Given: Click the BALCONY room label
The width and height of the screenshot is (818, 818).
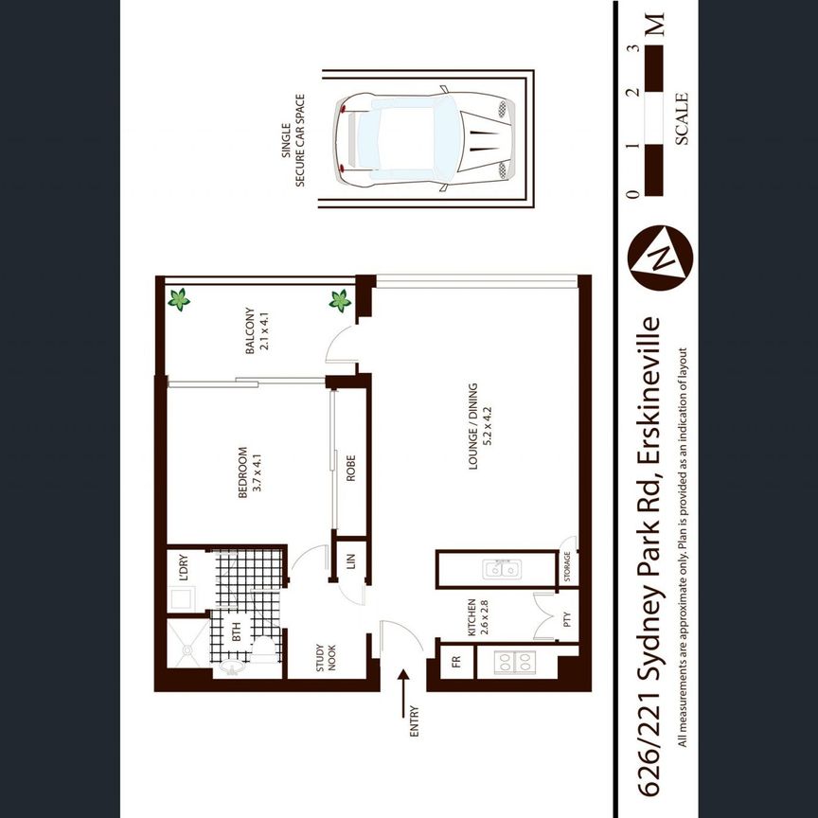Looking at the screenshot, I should (x=256, y=329).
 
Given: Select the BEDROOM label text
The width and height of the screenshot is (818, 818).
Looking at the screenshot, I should (x=249, y=472).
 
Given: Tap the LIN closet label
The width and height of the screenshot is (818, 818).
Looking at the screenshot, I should (x=349, y=565).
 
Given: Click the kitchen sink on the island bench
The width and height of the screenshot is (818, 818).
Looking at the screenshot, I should (x=501, y=570).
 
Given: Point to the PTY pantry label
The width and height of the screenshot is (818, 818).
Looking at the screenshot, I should (x=566, y=621).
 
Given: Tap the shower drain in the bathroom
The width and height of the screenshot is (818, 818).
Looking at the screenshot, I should (x=188, y=650).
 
